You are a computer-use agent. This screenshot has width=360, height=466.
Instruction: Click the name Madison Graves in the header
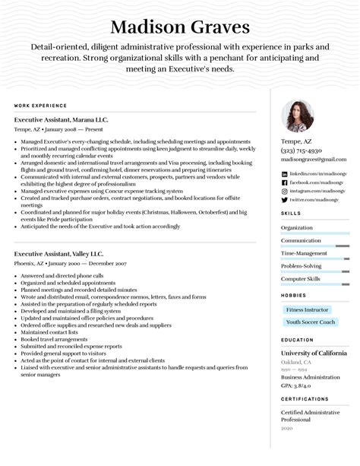coord(180,28)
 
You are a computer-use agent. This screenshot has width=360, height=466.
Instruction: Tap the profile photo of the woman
coord(298,116)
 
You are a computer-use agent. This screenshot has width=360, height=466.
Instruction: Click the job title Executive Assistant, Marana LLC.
coord(61,120)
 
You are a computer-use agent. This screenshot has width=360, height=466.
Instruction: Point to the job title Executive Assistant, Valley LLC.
coord(58,253)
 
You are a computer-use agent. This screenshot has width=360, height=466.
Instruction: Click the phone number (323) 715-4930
coord(302,151)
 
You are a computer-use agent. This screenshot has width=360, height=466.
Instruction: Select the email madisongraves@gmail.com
coord(313,160)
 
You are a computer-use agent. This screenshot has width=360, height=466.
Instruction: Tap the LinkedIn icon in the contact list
coord(284,174)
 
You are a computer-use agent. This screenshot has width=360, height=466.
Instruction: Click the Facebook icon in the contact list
coord(284,182)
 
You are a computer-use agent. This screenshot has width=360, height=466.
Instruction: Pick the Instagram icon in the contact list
coord(284,191)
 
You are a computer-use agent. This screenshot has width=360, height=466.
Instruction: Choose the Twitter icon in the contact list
coord(284,199)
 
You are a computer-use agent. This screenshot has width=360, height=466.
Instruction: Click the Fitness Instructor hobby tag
coord(307,309)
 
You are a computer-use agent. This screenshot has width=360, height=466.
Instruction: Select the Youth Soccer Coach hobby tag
coord(311,322)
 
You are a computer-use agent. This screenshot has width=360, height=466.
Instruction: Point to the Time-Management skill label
coord(304,253)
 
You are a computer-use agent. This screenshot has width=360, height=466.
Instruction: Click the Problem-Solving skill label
coord(302,266)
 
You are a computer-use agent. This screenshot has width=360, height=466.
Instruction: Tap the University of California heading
coord(314,353)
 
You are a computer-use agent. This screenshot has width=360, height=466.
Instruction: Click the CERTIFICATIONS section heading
coord(305,398)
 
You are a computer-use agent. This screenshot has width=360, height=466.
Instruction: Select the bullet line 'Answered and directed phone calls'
coord(62,275)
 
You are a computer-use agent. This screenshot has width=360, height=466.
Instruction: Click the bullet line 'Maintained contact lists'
coord(49,332)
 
